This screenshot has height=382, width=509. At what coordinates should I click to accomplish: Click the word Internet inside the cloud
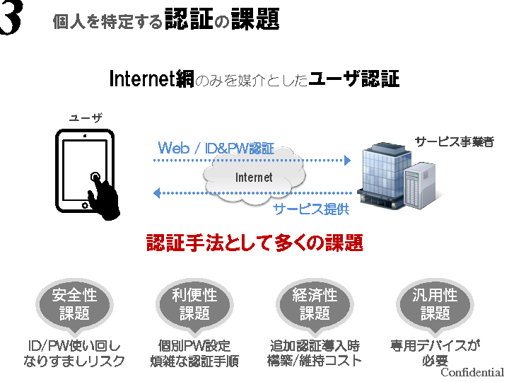pos(254,177)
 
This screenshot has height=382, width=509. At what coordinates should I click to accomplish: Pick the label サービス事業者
pos(454,141)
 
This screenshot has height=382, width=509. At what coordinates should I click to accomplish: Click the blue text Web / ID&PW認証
pos(216,148)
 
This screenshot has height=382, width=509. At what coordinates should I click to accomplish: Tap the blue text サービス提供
pos(311,209)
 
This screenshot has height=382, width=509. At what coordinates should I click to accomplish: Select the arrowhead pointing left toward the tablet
pos(158,192)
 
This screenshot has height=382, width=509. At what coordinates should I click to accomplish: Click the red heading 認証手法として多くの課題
pos(255,244)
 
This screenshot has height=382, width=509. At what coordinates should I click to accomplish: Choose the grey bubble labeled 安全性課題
pos(74,303)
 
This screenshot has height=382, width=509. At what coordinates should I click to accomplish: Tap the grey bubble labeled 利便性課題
pos(194,303)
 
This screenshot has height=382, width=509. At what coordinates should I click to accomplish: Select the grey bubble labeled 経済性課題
pos(315,303)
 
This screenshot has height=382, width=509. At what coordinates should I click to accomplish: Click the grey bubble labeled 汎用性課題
pos(435,303)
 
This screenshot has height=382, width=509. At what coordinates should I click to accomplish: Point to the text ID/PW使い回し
pos(74,346)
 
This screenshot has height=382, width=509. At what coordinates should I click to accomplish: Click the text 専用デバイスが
pos(435,346)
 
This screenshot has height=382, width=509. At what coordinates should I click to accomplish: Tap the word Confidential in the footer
pos(472,373)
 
